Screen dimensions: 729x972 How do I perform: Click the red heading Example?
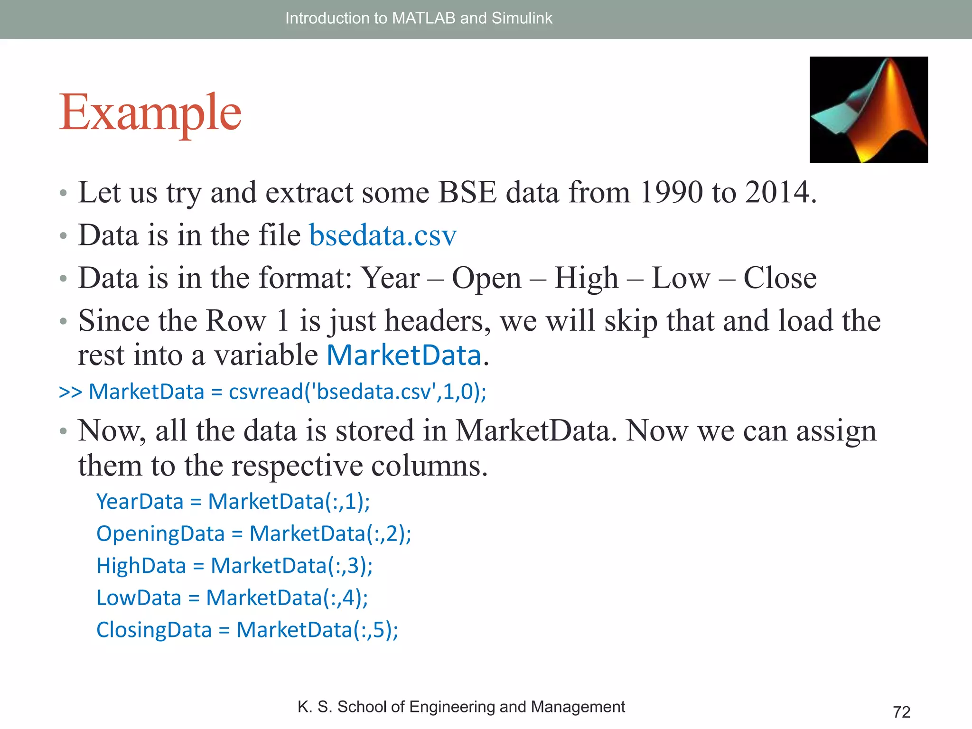[x=150, y=113]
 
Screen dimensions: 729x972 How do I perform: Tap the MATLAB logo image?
[x=869, y=110]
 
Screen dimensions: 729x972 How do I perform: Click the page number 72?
[x=901, y=712]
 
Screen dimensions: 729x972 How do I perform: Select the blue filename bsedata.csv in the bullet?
[x=383, y=235]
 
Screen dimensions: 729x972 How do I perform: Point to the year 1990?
[x=671, y=193]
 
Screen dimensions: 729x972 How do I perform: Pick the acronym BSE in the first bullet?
[x=467, y=193]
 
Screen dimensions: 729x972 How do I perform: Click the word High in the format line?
[x=586, y=278]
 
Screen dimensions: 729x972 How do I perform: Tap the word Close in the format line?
[x=780, y=278]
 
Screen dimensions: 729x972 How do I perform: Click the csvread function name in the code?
[x=266, y=392]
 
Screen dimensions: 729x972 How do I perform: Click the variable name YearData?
[x=140, y=502]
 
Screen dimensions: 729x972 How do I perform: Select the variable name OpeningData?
[x=160, y=534]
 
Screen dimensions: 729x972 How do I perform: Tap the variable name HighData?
[x=141, y=566]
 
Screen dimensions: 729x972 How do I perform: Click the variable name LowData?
[x=139, y=598]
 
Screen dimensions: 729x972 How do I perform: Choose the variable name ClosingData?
[x=154, y=630]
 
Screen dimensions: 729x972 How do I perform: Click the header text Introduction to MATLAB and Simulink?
[x=419, y=18]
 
